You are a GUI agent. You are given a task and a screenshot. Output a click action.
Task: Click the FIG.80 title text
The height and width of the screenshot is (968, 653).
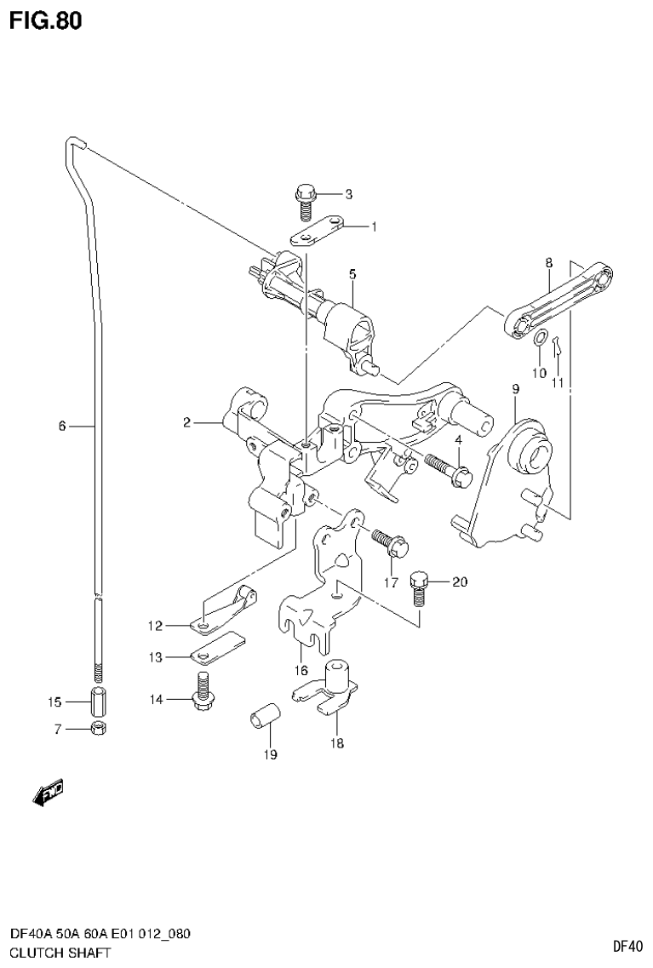pos(46,21)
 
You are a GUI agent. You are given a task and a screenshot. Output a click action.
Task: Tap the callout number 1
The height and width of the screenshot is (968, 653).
pos(372,226)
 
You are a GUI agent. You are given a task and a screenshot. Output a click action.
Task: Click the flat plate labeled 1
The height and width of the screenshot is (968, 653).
pos(317,232)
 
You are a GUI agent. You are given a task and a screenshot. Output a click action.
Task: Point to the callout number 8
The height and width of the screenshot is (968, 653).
pos(549,263)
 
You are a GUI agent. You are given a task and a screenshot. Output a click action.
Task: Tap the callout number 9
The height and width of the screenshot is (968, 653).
pos(515,389)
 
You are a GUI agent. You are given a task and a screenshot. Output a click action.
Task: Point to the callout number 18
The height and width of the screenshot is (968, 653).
pos(336,743)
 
